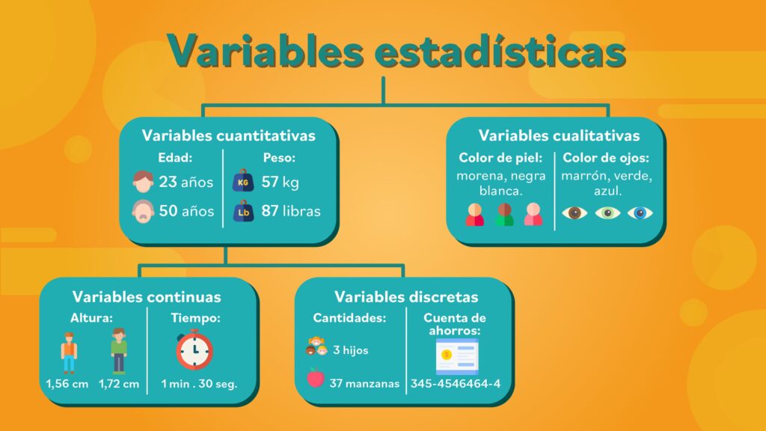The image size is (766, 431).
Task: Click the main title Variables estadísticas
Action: click(396, 51)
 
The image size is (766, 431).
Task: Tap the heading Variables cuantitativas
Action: click(229, 135)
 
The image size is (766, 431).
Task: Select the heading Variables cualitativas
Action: click(559, 135)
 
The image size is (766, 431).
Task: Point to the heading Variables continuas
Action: click(147, 296)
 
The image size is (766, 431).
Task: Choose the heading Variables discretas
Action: click(406, 296)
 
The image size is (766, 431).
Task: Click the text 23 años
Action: click(186, 182)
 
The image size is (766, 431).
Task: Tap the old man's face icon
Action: click(143, 211)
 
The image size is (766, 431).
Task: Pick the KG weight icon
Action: click(243, 180)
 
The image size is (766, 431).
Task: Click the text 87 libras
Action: click(291, 210)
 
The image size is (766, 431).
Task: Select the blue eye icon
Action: click(640, 213)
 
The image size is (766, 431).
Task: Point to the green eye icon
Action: click(607, 213)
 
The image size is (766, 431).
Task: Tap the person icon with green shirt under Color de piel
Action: click(505, 214)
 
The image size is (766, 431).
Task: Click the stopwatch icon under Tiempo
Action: click(194, 349)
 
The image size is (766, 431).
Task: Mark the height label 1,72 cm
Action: click(119, 384)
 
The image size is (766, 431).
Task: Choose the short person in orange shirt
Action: click(69, 353)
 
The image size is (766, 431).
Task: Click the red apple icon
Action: click(316, 378)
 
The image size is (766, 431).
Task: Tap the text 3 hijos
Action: click(351, 350)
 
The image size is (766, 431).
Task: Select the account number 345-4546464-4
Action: click(456, 384)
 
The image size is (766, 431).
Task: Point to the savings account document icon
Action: click(457, 357)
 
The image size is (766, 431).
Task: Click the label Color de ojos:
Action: click(606, 158)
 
